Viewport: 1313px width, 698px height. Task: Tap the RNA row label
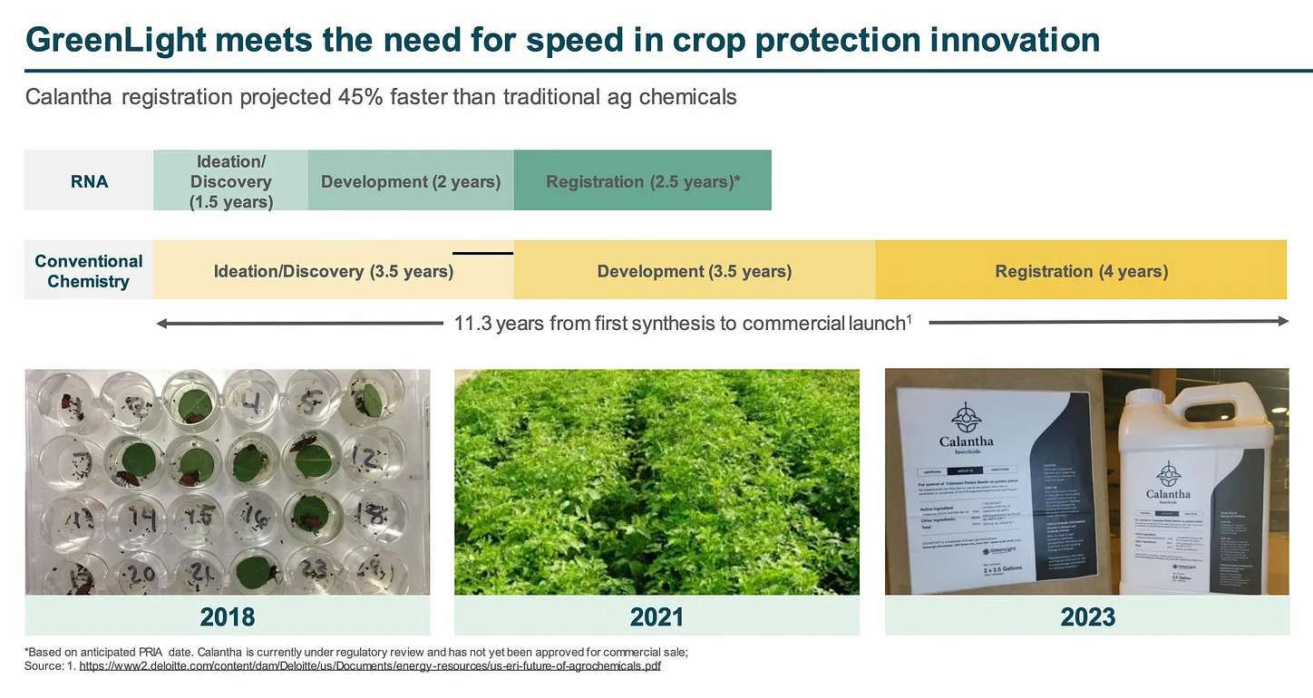[89, 181]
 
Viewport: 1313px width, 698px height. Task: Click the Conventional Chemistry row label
[89, 271]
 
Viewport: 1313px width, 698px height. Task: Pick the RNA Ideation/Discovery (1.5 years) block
[231, 181]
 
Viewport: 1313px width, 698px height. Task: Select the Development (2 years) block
[411, 181]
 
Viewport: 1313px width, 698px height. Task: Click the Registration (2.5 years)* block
[643, 181]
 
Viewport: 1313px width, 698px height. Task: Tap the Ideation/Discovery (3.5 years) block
[333, 271]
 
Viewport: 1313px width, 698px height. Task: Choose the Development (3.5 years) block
[694, 271]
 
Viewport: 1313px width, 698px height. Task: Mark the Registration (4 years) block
[1081, 271]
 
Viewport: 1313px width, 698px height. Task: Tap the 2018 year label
[227, 617]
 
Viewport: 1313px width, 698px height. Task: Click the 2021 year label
[656, 617]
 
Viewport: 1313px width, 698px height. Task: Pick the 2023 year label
[1087, 617]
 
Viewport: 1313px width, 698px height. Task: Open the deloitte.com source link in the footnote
[370, 665]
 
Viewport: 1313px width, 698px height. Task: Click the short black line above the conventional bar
[482, 253]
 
